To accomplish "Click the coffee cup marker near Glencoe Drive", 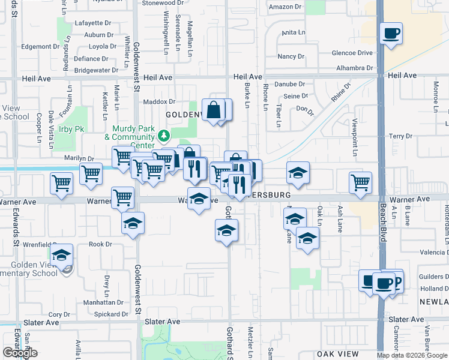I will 391,34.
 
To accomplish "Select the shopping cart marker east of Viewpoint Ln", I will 360,182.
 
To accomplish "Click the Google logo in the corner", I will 20,353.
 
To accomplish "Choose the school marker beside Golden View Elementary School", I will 62,256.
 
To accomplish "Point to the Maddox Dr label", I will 158,102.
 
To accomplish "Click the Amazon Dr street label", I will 285,7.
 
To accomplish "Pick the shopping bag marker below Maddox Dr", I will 213,110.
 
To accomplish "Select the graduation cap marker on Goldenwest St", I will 133,224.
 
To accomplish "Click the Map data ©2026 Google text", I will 412,355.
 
